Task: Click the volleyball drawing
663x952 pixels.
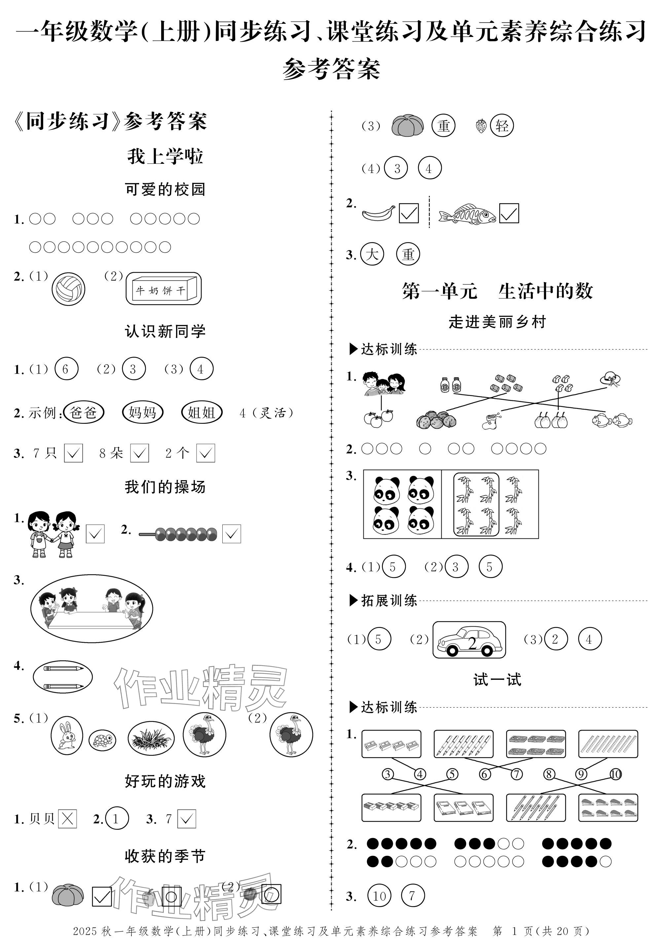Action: coord(68,288)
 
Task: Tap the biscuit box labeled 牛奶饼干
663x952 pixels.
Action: coord(164,289)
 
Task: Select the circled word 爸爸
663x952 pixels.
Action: coord(84,412)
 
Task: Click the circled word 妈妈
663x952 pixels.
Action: coord(143,412)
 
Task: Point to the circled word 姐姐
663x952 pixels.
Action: coord(202,412)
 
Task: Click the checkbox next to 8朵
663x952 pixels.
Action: coord(139,453)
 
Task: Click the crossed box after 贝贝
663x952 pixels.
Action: coord(67,819)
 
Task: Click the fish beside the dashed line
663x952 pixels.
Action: coord(467,214)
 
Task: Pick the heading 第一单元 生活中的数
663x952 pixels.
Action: coord(497,291)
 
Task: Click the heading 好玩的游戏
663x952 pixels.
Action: coord(165,781)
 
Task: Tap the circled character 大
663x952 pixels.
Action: coord(372,254)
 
